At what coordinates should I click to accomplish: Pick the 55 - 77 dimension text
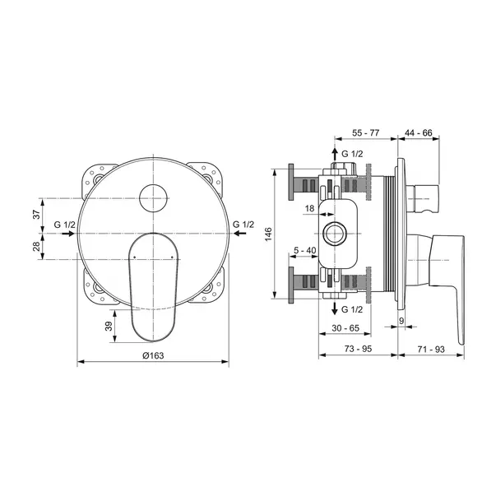(362, 132)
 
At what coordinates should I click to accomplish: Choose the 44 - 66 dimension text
(417, 132)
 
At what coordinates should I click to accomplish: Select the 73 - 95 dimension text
(355, 350)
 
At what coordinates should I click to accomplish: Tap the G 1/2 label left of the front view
(65, 225)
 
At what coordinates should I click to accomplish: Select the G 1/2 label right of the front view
(243, 225)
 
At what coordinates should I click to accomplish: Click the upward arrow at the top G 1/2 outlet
(334, 154)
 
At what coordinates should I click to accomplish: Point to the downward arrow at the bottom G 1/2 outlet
(334, 308)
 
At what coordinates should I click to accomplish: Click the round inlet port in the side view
(335, 234)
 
